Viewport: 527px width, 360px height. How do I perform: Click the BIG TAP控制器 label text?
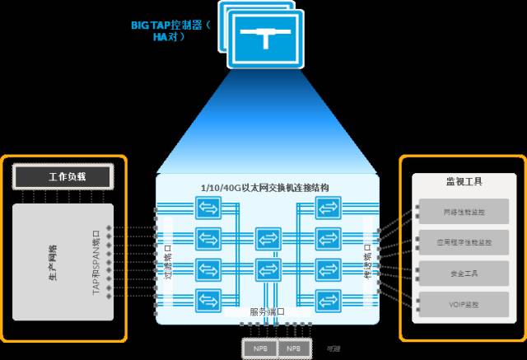tap(170, 25)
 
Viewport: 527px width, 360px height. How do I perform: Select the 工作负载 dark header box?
tap(63, 175)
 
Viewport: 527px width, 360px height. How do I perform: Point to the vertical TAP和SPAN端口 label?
tap(96, 263)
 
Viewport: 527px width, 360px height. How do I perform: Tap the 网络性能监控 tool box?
tap(463, 213)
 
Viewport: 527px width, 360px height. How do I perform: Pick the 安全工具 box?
tap(463, 273)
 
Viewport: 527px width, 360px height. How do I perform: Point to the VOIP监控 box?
tap(463, 303)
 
